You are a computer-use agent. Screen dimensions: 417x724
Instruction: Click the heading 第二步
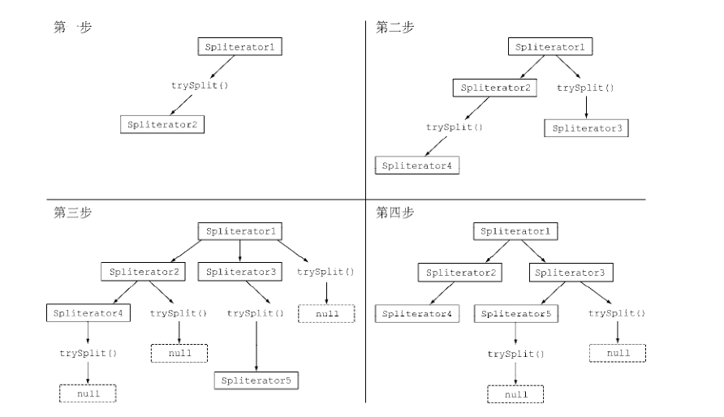tap(394, 28)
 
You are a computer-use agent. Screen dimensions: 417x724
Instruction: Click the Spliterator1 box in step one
tap(240, 47)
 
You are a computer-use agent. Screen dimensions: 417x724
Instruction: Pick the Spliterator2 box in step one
tap(162, 125)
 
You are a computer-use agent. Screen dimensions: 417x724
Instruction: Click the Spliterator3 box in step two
tap(586, 127)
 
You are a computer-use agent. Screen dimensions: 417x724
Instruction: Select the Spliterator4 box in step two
tap(417, 166)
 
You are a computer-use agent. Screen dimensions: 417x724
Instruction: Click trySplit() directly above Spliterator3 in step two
tap(585, 88)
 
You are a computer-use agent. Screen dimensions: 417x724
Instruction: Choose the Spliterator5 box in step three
tap(257, 379)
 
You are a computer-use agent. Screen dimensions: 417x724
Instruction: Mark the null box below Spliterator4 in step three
tap(88, 393)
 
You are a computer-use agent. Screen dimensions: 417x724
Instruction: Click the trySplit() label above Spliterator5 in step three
tap(256, 312)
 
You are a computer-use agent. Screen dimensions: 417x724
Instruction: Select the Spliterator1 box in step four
tap(515, 232)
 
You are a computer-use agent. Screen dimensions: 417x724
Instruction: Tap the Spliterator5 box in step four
tap(515, 313)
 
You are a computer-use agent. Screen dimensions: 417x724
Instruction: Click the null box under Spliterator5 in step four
tap(515, 393)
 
